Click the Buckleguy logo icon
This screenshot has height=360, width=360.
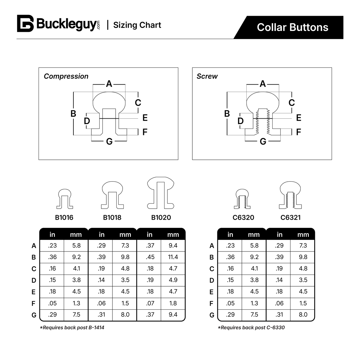coord(25,23)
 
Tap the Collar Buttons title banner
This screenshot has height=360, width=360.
coord(292,27)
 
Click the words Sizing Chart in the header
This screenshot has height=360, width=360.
coord(137,25)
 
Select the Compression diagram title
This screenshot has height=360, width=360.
coord(66,76)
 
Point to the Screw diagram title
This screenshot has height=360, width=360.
coord(207,76)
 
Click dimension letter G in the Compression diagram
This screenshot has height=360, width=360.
coord(109,141)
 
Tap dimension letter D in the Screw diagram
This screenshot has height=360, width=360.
coord(240,121)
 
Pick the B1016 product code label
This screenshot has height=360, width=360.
coord(64,217)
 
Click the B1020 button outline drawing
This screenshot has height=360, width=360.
coord(161,193)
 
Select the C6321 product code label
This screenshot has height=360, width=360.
coord(291,217)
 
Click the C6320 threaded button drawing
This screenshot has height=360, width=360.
coord(242,199)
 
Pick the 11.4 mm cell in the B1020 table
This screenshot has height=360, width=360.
coord(173,257)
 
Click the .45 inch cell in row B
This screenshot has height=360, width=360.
coord(150,257)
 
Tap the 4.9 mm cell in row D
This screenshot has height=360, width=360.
coord(173,280)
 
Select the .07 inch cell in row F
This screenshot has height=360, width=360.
coord(150,303)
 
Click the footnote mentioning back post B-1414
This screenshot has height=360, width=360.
coord(72,327)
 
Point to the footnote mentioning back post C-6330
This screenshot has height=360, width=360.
coord(251,327)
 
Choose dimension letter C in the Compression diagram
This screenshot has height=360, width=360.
coord(138,103)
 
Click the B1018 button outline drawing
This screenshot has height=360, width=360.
coord(112,195)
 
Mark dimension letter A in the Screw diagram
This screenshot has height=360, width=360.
coord(263,84)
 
